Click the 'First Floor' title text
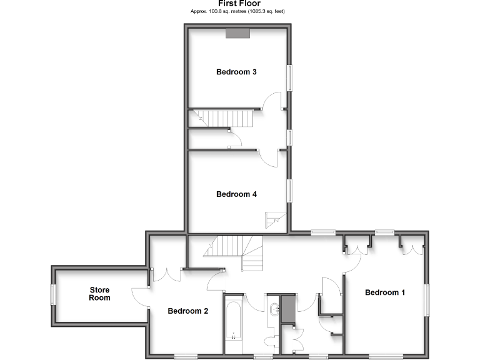(239, 4)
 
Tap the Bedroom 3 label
(236, 72)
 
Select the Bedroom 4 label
(236, 194)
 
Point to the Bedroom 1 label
(385, 292)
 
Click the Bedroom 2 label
(187, 311)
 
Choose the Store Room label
(99, 294)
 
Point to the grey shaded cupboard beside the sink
(287, 309)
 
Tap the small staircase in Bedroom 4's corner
(276, 219)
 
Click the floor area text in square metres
(239, 12)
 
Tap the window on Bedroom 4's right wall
(289, 191)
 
